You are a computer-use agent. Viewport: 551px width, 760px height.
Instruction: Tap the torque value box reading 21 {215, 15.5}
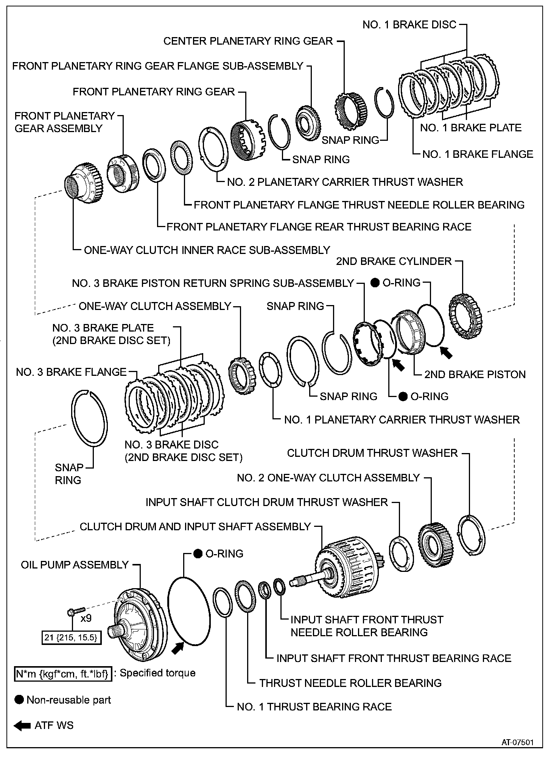(x=72, y=638)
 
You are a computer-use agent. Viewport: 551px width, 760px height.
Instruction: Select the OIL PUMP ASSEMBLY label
(x=75, y=565)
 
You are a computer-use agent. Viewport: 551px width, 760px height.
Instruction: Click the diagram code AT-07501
(x=517, y=743)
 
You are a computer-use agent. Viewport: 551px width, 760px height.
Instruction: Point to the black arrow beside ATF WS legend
(x=22, y=726)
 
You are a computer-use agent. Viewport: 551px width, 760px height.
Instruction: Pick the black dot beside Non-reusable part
(x=19, y=700)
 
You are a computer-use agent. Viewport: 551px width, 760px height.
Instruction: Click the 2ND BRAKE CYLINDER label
(x=394, y=261)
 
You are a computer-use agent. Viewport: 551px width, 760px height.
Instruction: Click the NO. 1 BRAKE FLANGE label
(x=478, y=154)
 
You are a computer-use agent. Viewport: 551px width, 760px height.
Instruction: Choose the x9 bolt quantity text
(x=86, y=618)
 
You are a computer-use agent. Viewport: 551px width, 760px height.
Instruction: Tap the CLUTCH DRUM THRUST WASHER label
(x=372, y=453)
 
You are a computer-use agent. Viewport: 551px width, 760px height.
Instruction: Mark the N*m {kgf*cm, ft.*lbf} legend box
(x=63, y=674)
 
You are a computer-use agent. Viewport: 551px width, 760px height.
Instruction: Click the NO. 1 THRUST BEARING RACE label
(x=314, y=707)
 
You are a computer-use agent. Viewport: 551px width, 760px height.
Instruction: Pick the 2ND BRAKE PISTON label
(x=475, y=374)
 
